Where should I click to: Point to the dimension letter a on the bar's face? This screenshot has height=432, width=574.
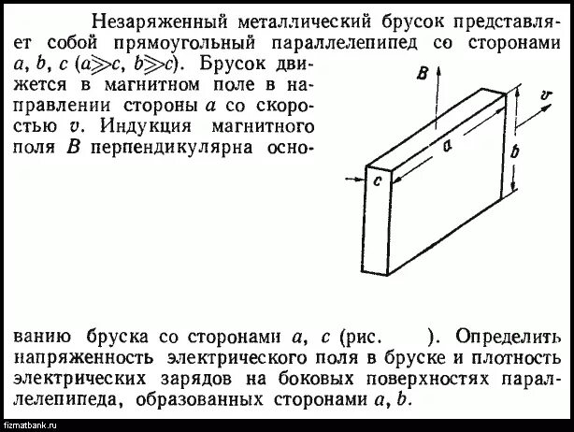448,145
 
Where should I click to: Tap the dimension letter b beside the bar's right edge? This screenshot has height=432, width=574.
521,151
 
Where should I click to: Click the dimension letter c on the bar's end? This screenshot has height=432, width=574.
376,182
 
